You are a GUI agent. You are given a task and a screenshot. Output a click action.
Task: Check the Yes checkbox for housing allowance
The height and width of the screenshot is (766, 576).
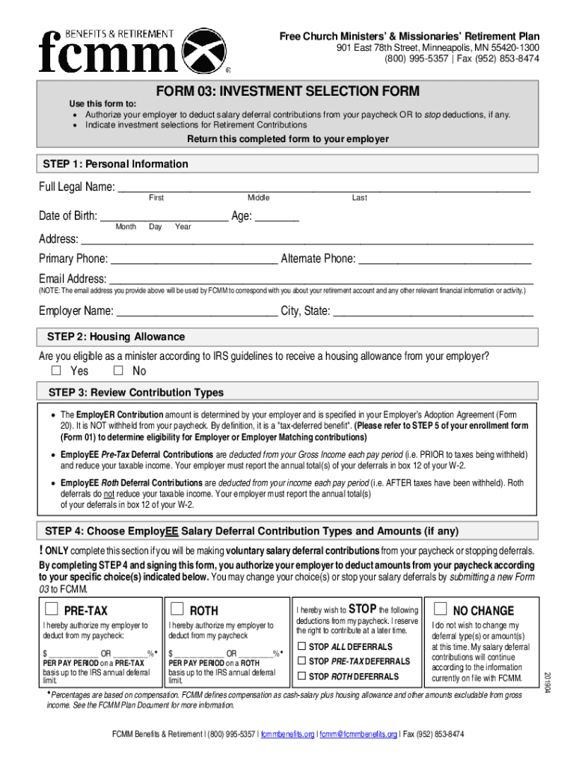[56, 371]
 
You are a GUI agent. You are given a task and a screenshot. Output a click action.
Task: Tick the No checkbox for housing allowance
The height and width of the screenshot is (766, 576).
[118, 371]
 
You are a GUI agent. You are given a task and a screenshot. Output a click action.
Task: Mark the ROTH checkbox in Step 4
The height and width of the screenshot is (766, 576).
[177, 608]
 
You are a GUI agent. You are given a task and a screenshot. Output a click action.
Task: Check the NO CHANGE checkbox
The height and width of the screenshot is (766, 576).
[440, 608]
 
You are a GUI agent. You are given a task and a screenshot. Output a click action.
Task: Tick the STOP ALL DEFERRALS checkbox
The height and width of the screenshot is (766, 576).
[301, 646]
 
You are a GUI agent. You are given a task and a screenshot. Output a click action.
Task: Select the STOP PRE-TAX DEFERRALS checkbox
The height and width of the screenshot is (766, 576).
[301, 661]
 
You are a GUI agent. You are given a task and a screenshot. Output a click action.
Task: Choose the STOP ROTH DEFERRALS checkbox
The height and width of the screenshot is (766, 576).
[301, 676]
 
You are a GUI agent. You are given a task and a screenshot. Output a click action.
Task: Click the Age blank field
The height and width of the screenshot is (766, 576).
[277, 218]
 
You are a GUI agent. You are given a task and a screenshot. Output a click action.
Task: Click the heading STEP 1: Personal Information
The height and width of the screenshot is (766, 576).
[116, 164]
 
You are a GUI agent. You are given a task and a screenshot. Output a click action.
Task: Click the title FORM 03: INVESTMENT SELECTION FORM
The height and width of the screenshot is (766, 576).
[288, 92]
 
